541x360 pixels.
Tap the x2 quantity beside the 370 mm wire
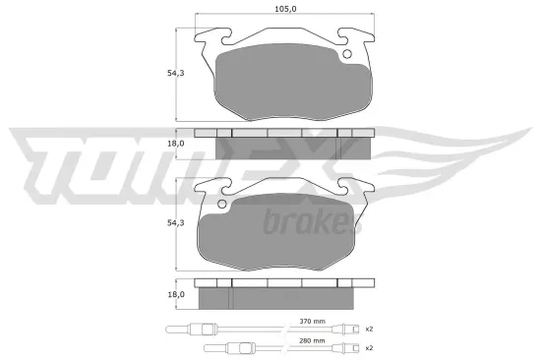click(368, 328)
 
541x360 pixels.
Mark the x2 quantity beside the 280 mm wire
click(368, 348)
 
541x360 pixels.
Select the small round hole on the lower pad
click(222, 205)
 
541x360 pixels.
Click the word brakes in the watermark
click(307, 223)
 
